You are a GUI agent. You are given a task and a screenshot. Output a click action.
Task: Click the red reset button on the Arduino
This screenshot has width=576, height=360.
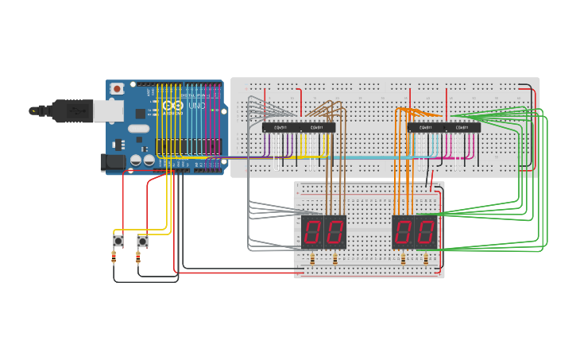[118, 88]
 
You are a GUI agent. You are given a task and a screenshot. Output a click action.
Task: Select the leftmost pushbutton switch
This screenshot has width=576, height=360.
[118, 240]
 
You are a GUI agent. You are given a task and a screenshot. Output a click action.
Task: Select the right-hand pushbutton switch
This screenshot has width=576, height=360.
[142, 240]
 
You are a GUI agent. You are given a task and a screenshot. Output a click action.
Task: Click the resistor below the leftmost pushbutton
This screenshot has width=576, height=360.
[114, 257]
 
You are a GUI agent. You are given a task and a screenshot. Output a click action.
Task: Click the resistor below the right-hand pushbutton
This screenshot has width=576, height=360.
[138, 257]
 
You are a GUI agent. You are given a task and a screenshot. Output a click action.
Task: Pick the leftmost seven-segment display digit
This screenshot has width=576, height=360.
[312, 232]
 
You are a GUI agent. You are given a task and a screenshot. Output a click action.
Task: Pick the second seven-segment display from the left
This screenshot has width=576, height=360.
[335, 232]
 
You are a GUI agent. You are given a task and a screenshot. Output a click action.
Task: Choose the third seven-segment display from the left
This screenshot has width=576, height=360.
[403, 232]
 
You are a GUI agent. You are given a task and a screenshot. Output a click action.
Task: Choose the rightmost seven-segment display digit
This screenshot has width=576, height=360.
[426, 232]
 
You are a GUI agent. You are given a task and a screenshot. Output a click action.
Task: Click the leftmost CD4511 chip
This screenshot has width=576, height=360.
[280, 127]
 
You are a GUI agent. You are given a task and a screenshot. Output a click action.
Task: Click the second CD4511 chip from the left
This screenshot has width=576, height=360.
[317, 127]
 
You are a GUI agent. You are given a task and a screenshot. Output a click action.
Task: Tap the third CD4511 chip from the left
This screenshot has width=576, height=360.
[426, 127]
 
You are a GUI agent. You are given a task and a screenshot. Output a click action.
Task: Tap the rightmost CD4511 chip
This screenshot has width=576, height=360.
[462, 127]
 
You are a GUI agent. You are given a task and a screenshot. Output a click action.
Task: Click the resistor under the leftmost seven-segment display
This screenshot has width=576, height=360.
[312, 259]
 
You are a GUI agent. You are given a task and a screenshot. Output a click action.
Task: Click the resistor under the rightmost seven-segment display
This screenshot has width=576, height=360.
[426, 259]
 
